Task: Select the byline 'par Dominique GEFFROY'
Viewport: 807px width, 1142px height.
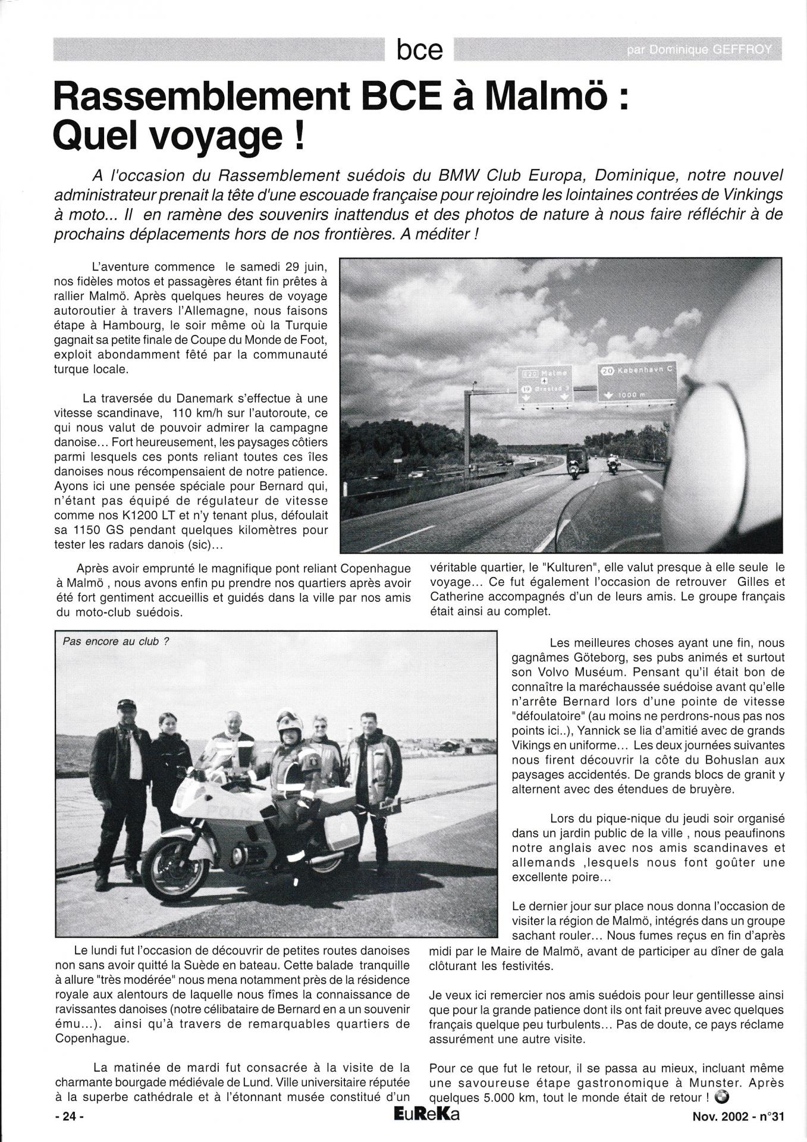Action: (698, 51)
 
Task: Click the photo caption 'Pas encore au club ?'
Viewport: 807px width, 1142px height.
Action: (111, 642)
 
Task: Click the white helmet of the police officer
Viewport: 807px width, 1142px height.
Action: (290, 722)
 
